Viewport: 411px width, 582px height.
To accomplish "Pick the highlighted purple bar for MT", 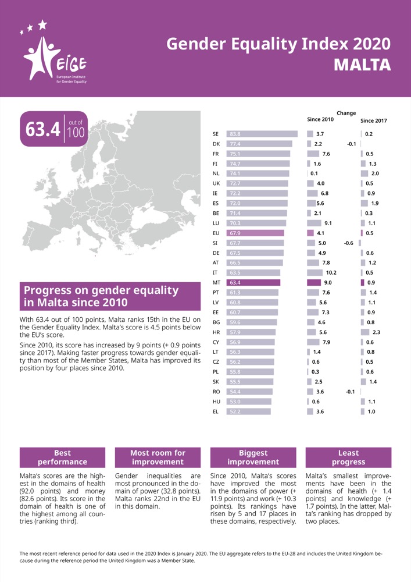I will pos(253,282).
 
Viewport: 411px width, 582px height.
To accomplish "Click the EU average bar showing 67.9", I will pos(255,233).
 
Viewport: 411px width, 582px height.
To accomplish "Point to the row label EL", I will pos(216,411).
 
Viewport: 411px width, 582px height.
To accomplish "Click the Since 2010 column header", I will pos(320,119).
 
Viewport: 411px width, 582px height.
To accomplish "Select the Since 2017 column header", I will pos(373,121).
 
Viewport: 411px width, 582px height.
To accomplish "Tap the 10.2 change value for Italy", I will pos(331,272).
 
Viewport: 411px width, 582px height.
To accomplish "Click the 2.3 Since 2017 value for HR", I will pos(376,332).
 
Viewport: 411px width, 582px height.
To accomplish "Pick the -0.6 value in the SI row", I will pos(349,243).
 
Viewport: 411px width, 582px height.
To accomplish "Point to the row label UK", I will pos(216,183).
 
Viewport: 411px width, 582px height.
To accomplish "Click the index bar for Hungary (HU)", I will pos(248,402).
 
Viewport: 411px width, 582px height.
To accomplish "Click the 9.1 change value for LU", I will pos(328,223).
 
